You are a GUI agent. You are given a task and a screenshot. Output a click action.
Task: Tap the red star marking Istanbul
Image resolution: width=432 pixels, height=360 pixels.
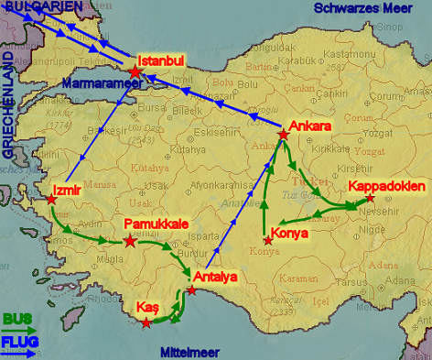point(135,71)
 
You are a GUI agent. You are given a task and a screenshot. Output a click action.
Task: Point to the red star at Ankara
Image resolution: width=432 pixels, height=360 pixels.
point(283,136)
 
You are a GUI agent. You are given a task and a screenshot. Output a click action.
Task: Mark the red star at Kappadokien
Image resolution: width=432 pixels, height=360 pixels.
point(370,199)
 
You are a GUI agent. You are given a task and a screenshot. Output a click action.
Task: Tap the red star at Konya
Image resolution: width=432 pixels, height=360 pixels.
point(267,241)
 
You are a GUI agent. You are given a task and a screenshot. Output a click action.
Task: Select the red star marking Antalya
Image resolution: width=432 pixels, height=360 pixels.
point(191,290)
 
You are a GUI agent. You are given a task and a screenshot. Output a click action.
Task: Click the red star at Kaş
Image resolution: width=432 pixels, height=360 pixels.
point(146,322)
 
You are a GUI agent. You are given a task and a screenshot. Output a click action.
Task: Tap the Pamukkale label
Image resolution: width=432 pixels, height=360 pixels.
point(157,224)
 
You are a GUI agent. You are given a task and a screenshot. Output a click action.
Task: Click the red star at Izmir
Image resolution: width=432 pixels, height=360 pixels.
point(51,200)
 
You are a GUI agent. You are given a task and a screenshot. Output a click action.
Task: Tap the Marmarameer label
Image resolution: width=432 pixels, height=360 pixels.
point(103,83)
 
